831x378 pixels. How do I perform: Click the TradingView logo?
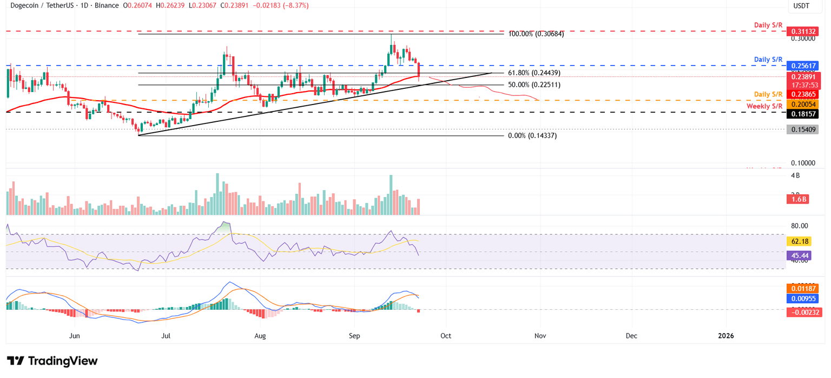pyautogui.click(x=52, y=361)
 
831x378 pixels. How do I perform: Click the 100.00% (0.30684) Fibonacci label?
pyautogui.click(x=536, y=34)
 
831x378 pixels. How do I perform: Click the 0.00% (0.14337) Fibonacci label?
pyautogui.click(x=532, y=136)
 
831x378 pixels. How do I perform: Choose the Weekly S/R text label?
pyautogui.click(x=764, y=106)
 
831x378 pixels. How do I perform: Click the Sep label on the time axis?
pyautogui.click(x=354, y=336)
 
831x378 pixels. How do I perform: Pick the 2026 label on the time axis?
pyautogui.click(x=726, y=336)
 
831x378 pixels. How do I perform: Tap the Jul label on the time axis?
pyautogui.click(x=166, y=336)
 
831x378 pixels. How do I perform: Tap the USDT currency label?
pyautogui.click(x=802, y=6)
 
